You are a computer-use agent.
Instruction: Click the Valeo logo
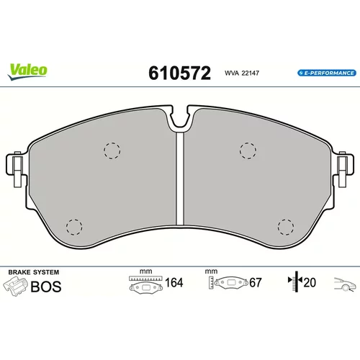coord(27,71)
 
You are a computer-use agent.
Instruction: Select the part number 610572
coord(179,73)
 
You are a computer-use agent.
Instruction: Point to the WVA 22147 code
coord(242,73)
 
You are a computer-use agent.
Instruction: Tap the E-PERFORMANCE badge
coord(327,73)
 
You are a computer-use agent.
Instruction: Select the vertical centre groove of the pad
coord(180,179)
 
